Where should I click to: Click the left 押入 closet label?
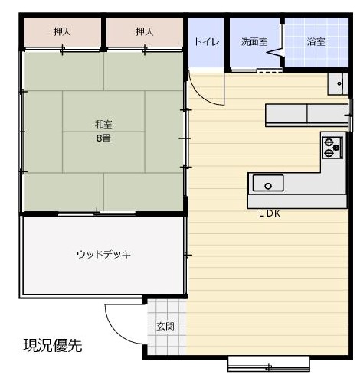tap(62, 32)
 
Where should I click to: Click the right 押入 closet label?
tap(144, 32)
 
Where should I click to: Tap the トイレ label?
tap(207, 41)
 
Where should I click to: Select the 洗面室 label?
tap(254, 41)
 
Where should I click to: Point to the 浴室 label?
tap(316, 41)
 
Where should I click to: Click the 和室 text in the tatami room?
tap(103, 125)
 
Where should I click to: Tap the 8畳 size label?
tap(103, 138)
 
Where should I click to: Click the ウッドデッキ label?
tap(103, 254)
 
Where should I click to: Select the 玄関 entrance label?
tap(165, 326)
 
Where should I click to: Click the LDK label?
tap(270, 213)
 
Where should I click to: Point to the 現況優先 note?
tap(53, 346)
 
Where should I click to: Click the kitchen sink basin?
tap(268, 183)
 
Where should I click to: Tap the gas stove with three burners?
tap(332, 148)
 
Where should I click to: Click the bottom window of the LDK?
tap(269, 364)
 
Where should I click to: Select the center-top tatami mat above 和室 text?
tap(103, 111)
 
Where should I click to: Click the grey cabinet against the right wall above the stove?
tap(307, 115)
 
